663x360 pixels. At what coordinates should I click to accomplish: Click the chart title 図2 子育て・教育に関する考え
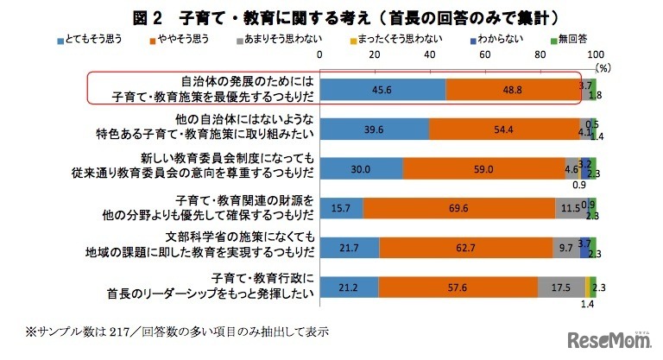pyautogui.click(x=331, y=16)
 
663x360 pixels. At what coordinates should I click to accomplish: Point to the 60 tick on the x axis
pyautogui.click(x=485, y=54)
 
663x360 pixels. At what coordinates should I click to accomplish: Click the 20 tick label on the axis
pyautogui.click(x=375, y=54)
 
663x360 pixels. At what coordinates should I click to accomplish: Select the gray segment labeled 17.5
pyautogui.click(x=561, y=287)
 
